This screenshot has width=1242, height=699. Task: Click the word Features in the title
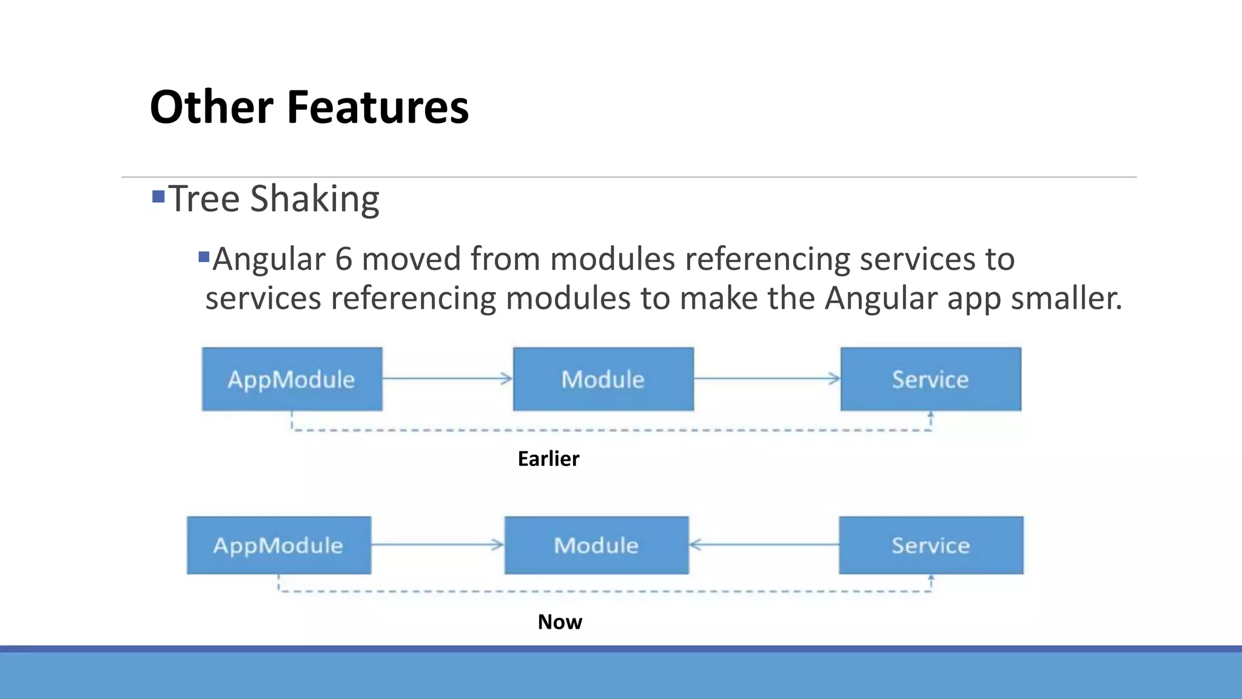click(x=377, y=107)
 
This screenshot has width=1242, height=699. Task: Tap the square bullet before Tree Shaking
click(x=158, y=197)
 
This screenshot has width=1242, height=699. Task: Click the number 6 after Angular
click(x=343, y=259)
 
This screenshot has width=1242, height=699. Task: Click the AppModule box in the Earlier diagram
click(x=292, y=379)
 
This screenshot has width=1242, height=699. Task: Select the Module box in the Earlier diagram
click(x=603, y=379)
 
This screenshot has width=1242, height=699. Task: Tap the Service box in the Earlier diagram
click(x=930, y=379)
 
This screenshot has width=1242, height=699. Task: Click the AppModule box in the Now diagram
click(x=278, y=545)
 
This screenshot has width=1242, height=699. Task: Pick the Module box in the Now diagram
click(x=596, y=545)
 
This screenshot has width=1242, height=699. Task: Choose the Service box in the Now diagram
click(x=930, y=545)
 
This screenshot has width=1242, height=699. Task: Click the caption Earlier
click(x=548, y=459)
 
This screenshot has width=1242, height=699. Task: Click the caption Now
click(x=559, y=622)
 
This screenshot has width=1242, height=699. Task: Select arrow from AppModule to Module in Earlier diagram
click(x=448, y=379)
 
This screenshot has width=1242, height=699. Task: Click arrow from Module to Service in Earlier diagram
click(x=767, y=379)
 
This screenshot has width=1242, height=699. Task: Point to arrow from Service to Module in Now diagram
click(x=764, y=544)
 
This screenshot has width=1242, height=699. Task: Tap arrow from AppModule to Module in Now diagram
click(x=437, y=544)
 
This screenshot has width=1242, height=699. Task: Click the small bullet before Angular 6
click(x=204, y=257)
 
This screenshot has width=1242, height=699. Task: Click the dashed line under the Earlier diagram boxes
click(x=606, y=430)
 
